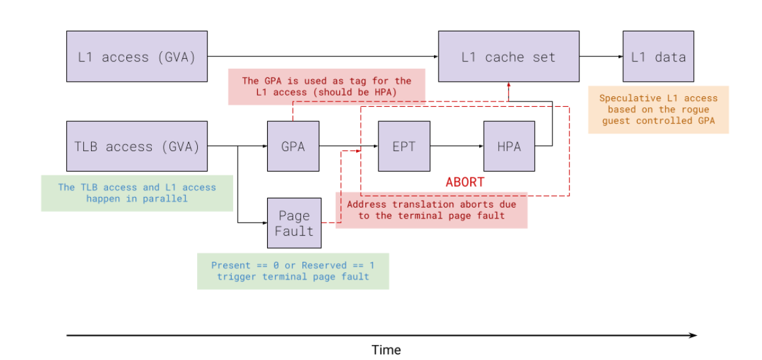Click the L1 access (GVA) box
[x=137, y=56]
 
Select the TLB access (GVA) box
[x=137, y=146]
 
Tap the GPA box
[x=293, y=146]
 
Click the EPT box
[x=404, y=146]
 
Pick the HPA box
[x=509, y=146]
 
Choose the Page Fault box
[x=294, y=223]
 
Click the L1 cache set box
[x=508, y=56]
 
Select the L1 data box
[x=658, y=56]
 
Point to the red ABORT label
[x=465, y=182]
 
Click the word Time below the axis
[x=386, y=350]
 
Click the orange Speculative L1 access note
[x=658, y=109]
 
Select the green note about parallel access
[x=137, y=192]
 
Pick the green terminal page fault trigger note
[x=293, y=271]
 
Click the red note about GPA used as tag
[x=327, y=86]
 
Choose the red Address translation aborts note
[x=431, y=210]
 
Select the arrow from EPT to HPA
[x=456, y=146]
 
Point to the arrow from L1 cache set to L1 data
[x=600, y=56]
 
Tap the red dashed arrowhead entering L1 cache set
[x=509, y=86]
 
